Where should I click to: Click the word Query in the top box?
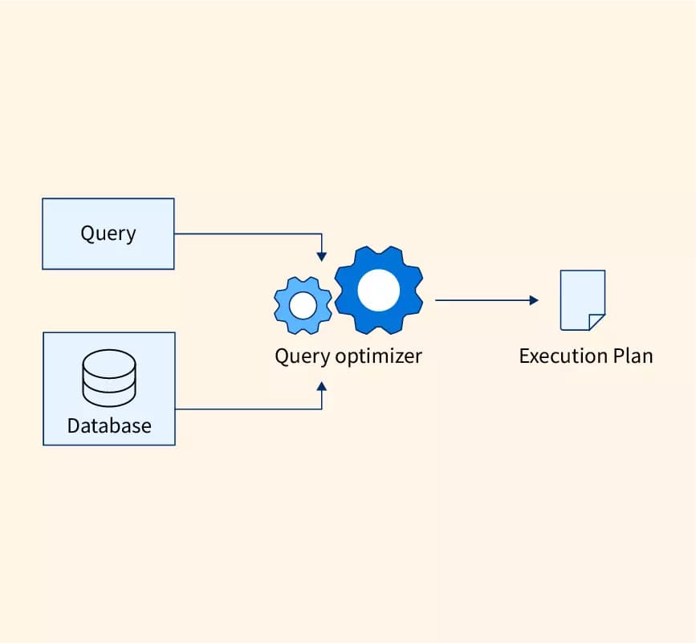click(108, 234)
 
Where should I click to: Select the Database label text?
click(108, 425)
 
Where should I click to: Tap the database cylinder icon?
click(108, 379)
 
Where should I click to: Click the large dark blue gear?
click(379, 290)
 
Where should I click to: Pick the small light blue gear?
click(303, 305)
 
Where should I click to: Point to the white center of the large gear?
click(379, 290)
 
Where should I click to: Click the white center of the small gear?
click(303, 305)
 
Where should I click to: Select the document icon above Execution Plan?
click(581, 299)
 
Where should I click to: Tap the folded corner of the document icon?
click(596, 322)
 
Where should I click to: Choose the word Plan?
click(629, 356)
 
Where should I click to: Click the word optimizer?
click(378, 356)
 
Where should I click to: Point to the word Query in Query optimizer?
click(302, 356)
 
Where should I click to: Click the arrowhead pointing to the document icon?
click(534, 300)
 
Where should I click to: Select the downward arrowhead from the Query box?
click(322, 256)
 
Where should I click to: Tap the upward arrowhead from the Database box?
click(322, 386)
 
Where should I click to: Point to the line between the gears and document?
click(482, 300)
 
